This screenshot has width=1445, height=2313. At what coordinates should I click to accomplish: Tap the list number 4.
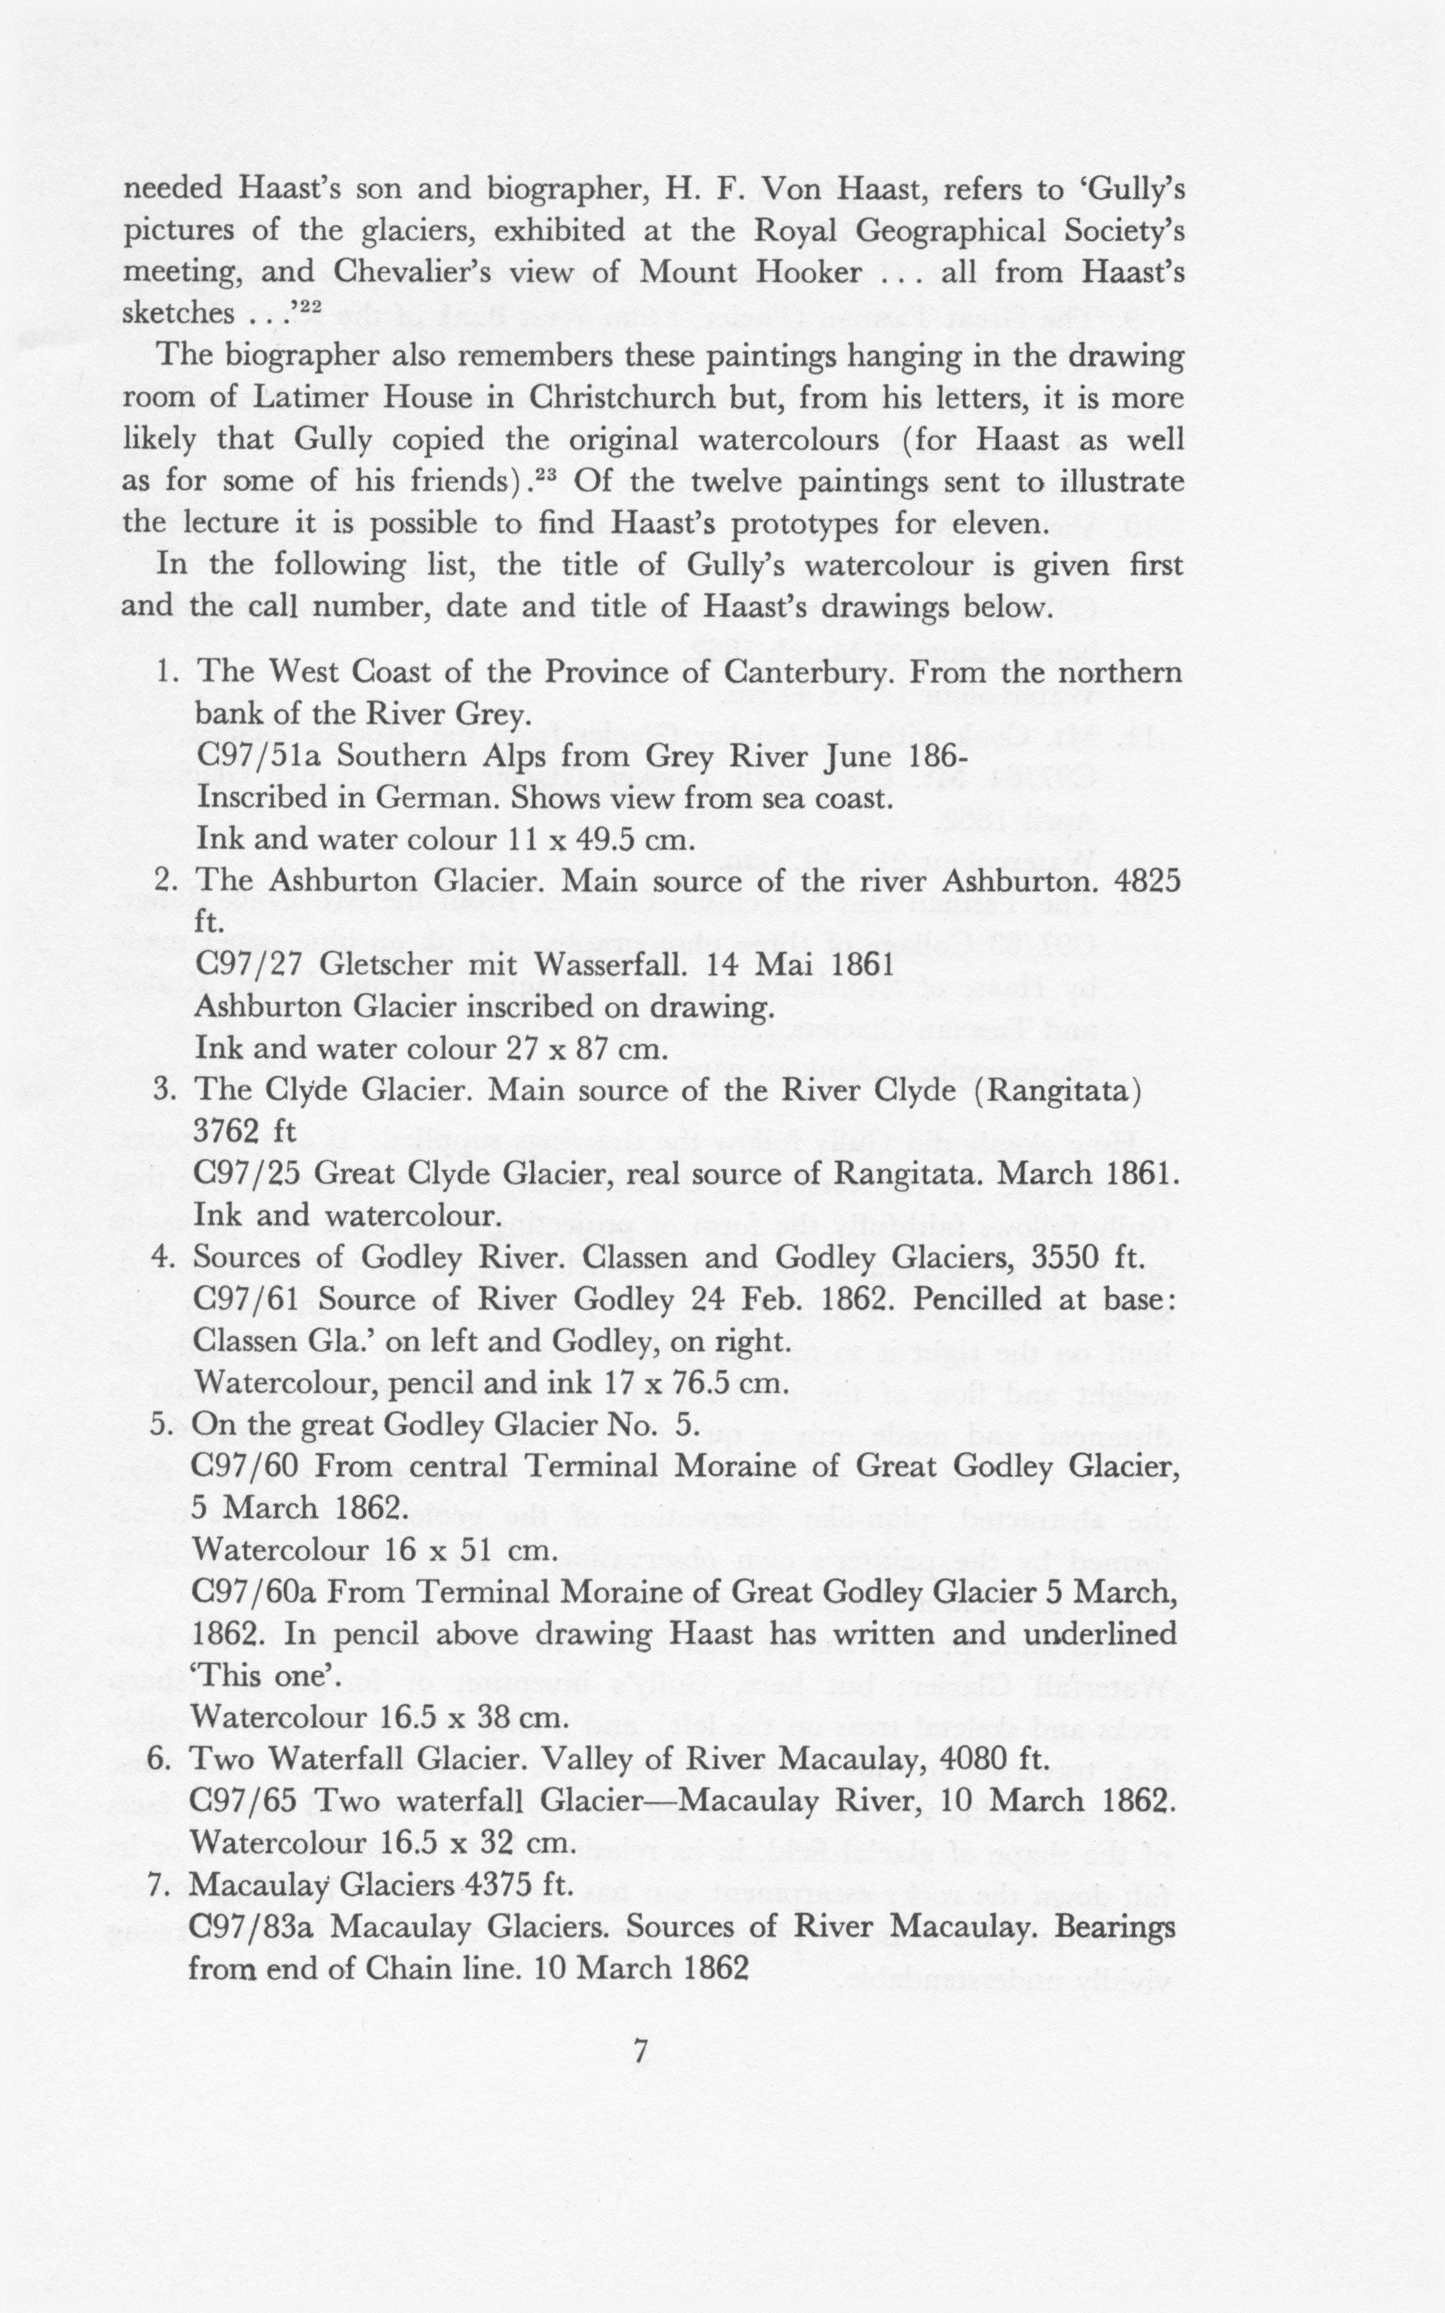coord(160,1258)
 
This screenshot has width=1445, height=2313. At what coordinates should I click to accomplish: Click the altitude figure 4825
coord(1147,881)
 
